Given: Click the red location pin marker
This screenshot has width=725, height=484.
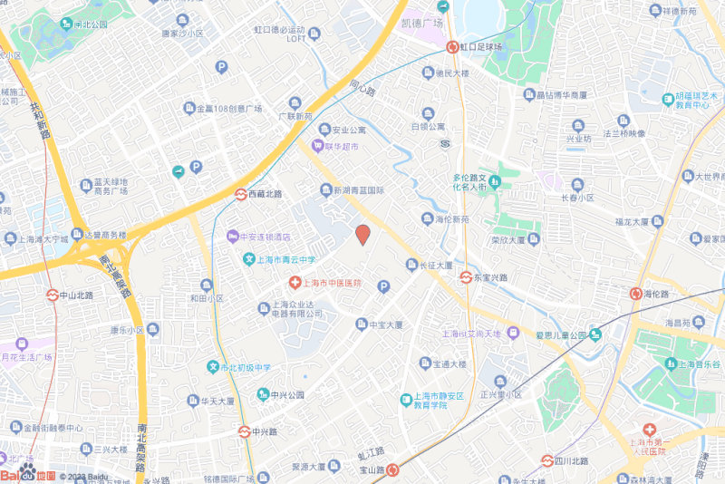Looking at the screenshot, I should click(362, 235).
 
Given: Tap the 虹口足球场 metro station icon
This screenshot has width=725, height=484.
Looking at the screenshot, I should click(451, 46).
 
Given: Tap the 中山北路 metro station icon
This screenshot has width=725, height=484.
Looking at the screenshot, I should click(53, 295).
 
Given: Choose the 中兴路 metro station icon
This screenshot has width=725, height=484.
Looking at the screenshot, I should click(244, 431).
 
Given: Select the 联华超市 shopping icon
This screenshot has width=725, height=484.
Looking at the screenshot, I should click(317, 146).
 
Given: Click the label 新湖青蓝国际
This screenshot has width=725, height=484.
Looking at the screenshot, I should click(360, 190).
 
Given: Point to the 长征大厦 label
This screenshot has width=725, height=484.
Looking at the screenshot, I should click(435, 266).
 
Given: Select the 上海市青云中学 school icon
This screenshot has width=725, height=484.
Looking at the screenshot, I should click(247, 259).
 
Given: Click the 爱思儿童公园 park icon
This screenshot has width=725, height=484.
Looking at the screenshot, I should click(594, 335).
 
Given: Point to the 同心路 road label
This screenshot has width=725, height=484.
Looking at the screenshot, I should click(362, 88).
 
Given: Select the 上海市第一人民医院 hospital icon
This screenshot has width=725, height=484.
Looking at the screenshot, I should click(648, 429).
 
